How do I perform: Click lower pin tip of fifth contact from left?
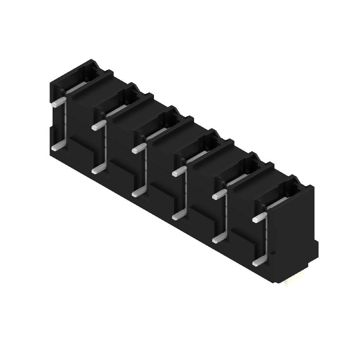point(216,239)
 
